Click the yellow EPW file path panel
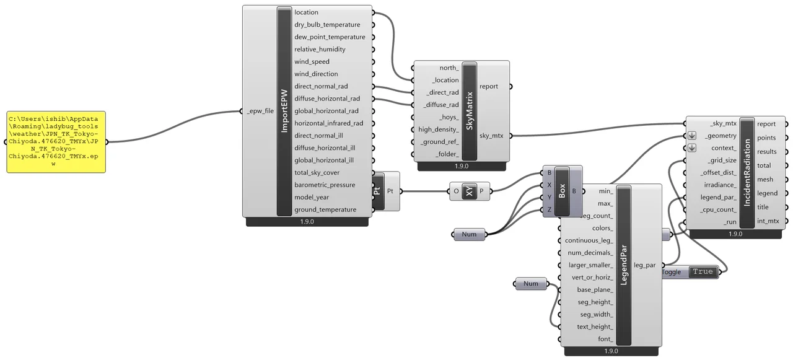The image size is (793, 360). click(x=56, y=142)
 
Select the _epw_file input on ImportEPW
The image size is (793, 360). click(x=260, y=111)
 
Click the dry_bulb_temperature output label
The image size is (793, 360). click(x=327, y=25)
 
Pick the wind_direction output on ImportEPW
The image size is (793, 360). click(x=316, y=74)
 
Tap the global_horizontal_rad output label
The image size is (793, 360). click(x=326, y=111)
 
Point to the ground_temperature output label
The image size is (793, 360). click(x=325, y=210)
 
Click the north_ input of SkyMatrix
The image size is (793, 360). click(x=449, y=68)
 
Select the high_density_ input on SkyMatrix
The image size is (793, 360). click(x=438, y=130)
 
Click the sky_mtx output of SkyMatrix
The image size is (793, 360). click(x=491, y=136)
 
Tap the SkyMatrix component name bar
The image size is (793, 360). click(x=470, y=111)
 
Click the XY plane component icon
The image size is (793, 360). click(x=470, y=191)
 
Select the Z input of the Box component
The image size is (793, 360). click(x=549, y=209)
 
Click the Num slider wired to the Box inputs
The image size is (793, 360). click(x=469, y=234)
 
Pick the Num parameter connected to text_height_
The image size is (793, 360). click(x=531, y=284)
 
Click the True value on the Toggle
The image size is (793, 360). click(x=703, y=272)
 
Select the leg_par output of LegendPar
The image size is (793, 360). click(x=645, y=265)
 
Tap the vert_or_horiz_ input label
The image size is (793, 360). click(x=592, y=278)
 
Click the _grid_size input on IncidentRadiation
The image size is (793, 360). click(x=722, y=160)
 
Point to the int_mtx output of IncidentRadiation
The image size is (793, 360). click(x=768, y=221)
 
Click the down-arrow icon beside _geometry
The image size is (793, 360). click(x=692, y=136)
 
